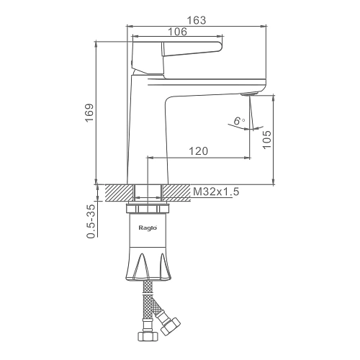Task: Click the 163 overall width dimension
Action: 197,20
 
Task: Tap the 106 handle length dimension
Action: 177,32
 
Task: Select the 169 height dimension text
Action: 89,113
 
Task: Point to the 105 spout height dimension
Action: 266,140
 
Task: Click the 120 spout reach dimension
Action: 199,151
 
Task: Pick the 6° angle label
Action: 238,121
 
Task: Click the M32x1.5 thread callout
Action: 216,192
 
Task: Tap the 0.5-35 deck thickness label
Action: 91,221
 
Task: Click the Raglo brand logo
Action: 148,228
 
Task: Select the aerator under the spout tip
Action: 250,94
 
